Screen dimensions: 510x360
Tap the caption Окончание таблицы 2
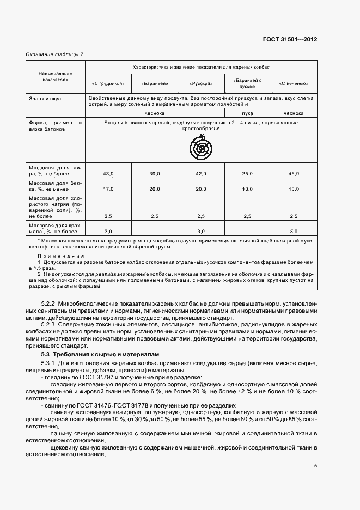coord(55,54)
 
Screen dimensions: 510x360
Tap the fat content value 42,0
coord(201,173)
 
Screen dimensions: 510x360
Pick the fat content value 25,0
coord(247,173)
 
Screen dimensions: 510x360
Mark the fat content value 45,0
coord(294,173)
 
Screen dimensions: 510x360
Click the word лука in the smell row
coord(247,113)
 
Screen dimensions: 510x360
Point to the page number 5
coord(315,465)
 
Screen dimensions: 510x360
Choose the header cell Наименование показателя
coord(55,76)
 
